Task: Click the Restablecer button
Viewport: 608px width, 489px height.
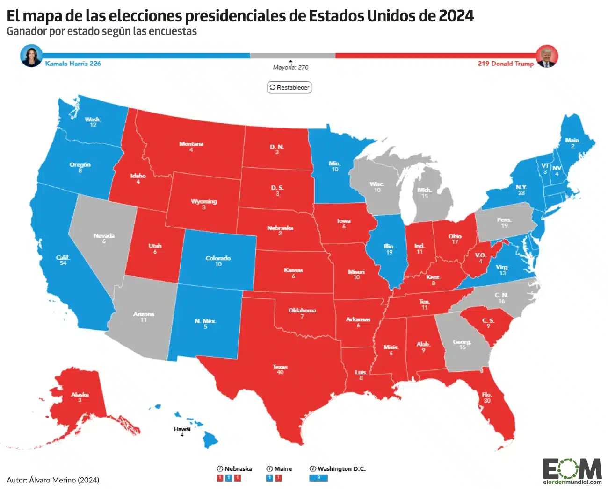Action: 289,87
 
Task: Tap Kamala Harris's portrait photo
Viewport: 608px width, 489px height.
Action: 31,56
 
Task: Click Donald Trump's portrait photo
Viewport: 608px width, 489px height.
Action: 547,57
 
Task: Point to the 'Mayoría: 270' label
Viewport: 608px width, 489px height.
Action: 290,67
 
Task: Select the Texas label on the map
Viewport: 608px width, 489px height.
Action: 280,369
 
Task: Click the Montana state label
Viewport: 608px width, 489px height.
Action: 191,147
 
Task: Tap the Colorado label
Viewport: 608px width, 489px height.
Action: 218,261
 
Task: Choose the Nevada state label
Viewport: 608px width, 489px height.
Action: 104,238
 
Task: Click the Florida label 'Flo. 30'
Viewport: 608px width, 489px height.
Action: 487,397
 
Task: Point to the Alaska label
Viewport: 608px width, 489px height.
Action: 80,397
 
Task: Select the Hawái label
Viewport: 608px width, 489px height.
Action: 182,432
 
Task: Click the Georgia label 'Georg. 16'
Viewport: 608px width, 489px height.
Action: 462,344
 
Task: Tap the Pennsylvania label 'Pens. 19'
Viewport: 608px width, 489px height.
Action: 504,222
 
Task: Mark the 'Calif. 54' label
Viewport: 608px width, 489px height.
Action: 63,260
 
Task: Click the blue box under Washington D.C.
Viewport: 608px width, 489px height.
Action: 318,478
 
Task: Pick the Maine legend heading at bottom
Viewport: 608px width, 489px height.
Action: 279,468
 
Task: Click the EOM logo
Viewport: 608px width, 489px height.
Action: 572,470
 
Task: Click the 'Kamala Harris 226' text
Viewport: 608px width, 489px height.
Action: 73,64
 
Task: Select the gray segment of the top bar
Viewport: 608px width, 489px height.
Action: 292,56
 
